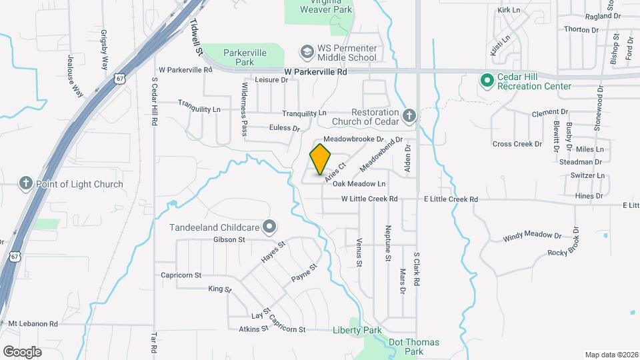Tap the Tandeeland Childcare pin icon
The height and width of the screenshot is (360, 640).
(x=269, y=227)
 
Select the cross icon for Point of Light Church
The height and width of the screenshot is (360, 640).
(x=26, y=184)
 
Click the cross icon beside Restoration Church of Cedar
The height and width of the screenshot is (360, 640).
(x=409, y=117)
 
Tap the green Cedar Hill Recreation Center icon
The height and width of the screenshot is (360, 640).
(x=487, y=81)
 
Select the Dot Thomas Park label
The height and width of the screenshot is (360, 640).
(x=414, y=347)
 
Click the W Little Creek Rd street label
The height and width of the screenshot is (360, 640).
(x=369, y=199)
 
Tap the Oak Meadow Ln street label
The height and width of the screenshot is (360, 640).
(x=359, y=183)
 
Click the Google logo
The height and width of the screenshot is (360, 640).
(x=22, y=351)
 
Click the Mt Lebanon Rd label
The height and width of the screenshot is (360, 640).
(x=33, y=324)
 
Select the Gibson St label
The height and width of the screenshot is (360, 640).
(x=229, y=239)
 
